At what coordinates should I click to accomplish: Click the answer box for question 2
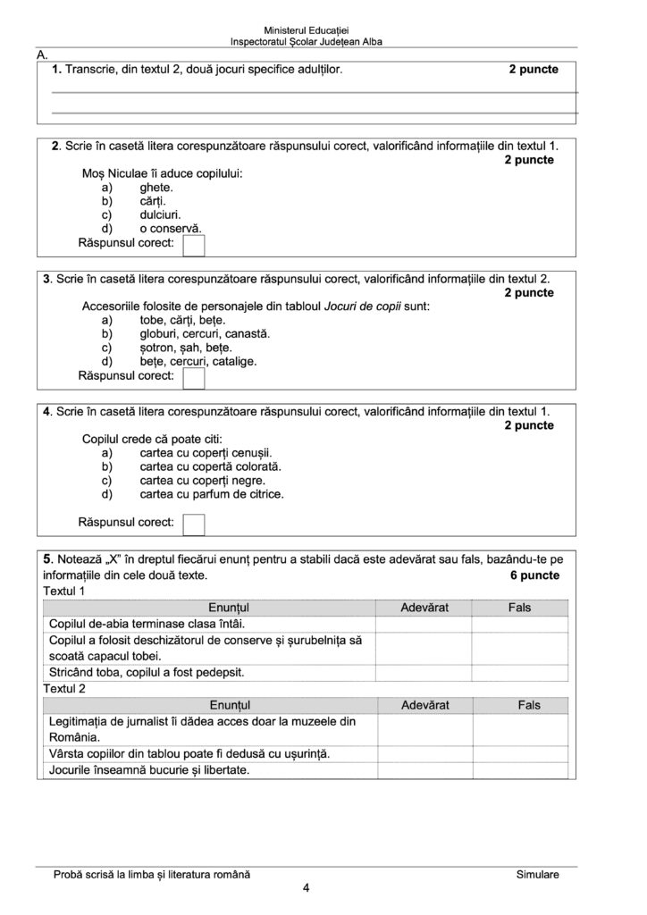click(194, 246)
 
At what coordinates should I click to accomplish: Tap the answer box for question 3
click(194, 379)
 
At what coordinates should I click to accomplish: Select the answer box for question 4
click(194, 524)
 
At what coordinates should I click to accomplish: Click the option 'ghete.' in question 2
click(156, 189)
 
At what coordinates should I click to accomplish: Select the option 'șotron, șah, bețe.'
click(186, 348)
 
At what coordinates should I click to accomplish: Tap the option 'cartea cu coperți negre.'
click(203, 479)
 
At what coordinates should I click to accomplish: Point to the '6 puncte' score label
click(534, 575)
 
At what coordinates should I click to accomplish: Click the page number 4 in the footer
click(307, 888)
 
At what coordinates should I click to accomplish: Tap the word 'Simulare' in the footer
click(537, 874)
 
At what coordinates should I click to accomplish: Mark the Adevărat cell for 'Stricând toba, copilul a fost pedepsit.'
click(424, 672)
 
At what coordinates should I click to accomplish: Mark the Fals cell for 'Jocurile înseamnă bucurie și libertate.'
click(524, 769)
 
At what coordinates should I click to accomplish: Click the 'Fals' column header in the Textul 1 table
click(519, 608)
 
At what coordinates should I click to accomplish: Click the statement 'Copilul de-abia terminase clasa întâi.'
click(147, 624)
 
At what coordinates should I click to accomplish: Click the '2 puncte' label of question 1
click(534, 69)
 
